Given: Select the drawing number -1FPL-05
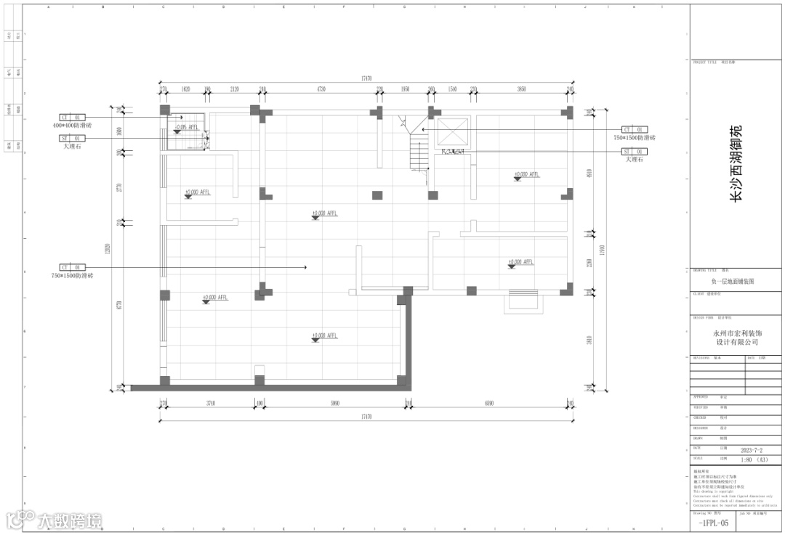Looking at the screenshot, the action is [711, 523].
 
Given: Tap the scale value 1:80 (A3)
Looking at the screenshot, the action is [754, 460].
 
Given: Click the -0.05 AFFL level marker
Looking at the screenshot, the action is [186, 128].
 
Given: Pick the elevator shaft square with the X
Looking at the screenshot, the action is [454, 134].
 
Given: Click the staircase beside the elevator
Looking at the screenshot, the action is [419, 152].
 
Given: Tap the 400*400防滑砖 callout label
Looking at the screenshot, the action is [72, 126].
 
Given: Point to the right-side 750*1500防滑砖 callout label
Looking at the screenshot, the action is [634, 138].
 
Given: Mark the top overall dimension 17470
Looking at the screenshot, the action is [366, 78].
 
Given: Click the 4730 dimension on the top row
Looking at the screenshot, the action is [320, 89].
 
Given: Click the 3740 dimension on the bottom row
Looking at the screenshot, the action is [210, 404].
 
